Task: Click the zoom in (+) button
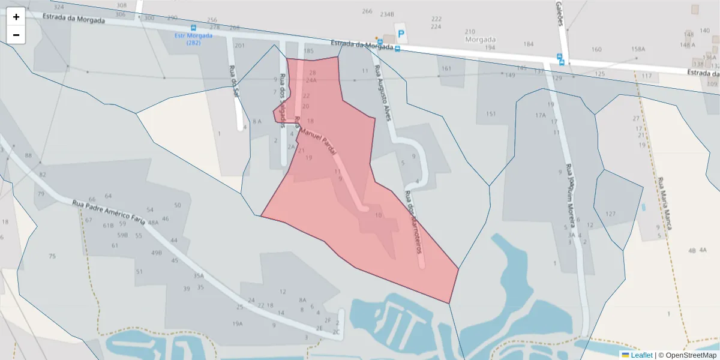16,17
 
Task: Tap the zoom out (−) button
16,35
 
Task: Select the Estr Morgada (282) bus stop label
193,38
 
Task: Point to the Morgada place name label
481,40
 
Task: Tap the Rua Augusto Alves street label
383,93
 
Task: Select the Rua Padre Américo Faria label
109,212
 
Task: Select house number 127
610,214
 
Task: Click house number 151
491,114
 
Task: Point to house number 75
52,256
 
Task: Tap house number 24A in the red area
311,80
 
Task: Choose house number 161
446,68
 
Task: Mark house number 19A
238,323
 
